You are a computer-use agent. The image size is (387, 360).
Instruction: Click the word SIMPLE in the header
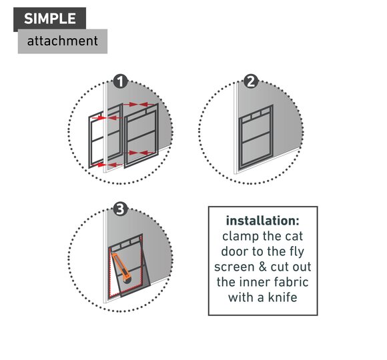tap(50, 19)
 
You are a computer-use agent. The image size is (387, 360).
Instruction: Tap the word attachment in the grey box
tap(63, 41)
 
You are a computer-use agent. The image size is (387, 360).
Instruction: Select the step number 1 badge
tap(121, 81)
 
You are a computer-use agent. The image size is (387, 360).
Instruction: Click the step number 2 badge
tap(251, 81)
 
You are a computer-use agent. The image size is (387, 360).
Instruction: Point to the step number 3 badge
tap(121, 209)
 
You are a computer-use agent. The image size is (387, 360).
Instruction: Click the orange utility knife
tap(121, 268)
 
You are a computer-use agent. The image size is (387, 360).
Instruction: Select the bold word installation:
tap(263, 221)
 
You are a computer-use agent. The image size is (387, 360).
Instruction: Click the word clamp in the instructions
tap(240, 236)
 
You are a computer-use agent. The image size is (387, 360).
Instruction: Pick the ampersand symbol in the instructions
tap(262, 267)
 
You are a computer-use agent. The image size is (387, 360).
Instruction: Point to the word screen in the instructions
tap(234, 267)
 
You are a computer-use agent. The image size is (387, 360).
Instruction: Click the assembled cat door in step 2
tap(256, 137)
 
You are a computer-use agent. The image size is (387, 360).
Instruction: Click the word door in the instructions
tap(235, 251)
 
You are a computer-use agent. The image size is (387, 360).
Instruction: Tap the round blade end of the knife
tap(127, 280)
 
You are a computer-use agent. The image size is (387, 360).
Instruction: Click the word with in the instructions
tap(241, 297)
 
